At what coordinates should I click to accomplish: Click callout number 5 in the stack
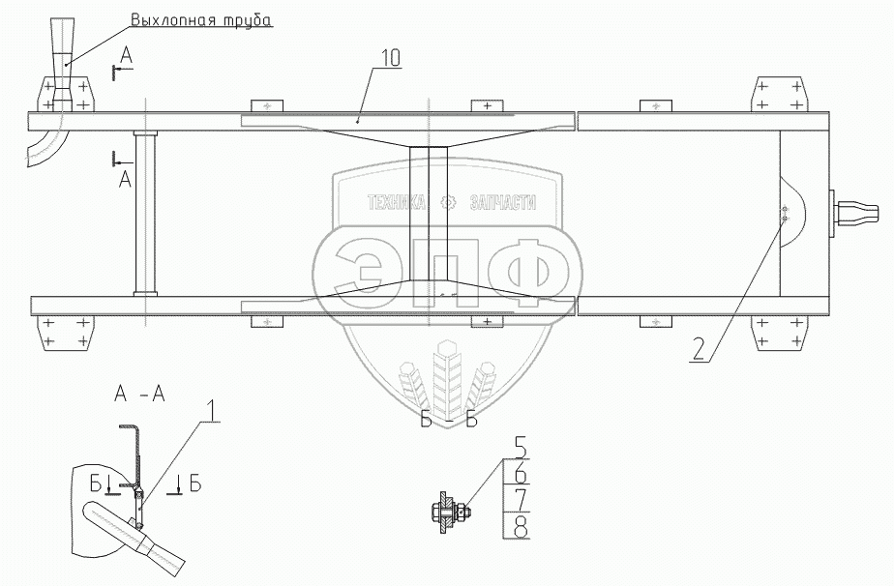point(520,450)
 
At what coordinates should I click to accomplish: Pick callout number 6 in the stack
point(520,474)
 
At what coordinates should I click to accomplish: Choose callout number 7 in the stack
point(520,501)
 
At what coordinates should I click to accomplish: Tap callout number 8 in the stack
point(520,527)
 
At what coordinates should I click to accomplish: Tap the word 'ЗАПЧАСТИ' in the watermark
point(501,203)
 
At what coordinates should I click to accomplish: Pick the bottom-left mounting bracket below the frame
point(67,334)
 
